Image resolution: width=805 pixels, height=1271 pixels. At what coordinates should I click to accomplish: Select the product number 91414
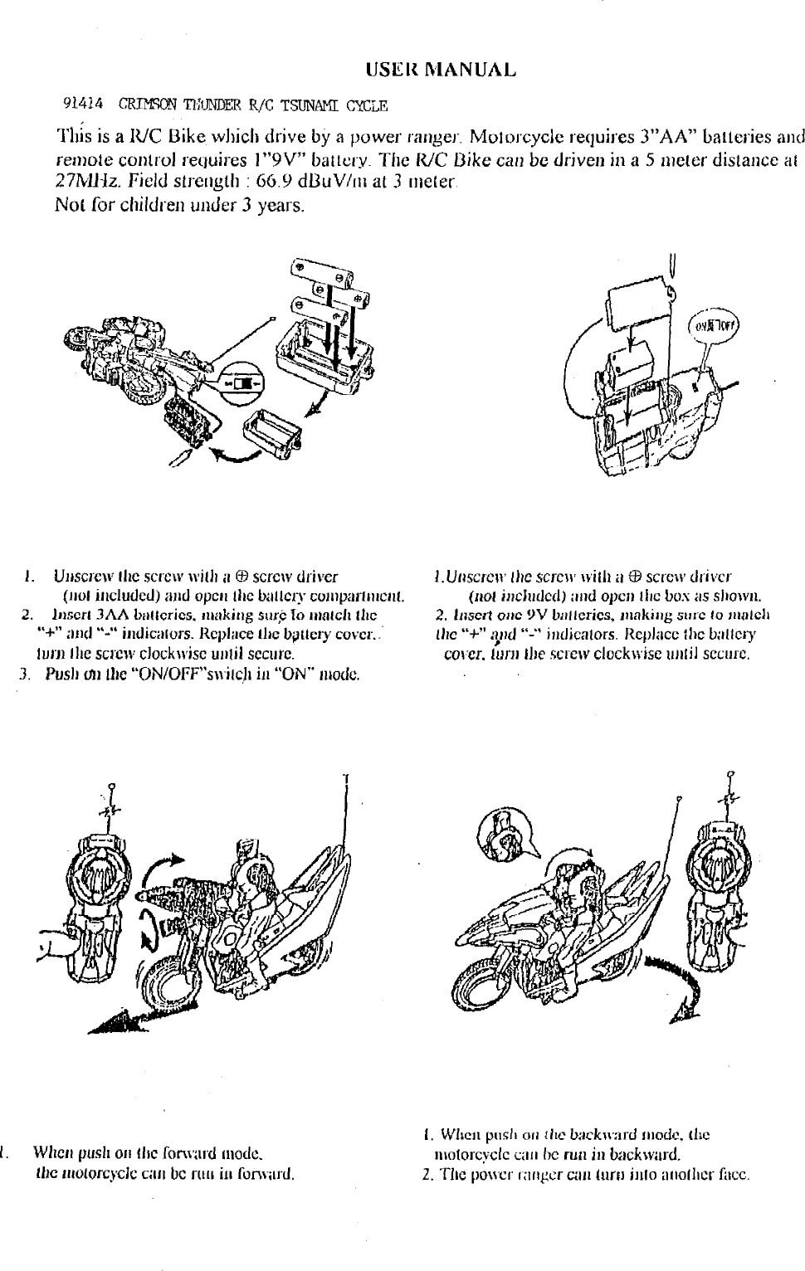tap(84, 105)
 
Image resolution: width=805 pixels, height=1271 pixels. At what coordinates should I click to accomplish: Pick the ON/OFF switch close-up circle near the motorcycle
tap(239, 386)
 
